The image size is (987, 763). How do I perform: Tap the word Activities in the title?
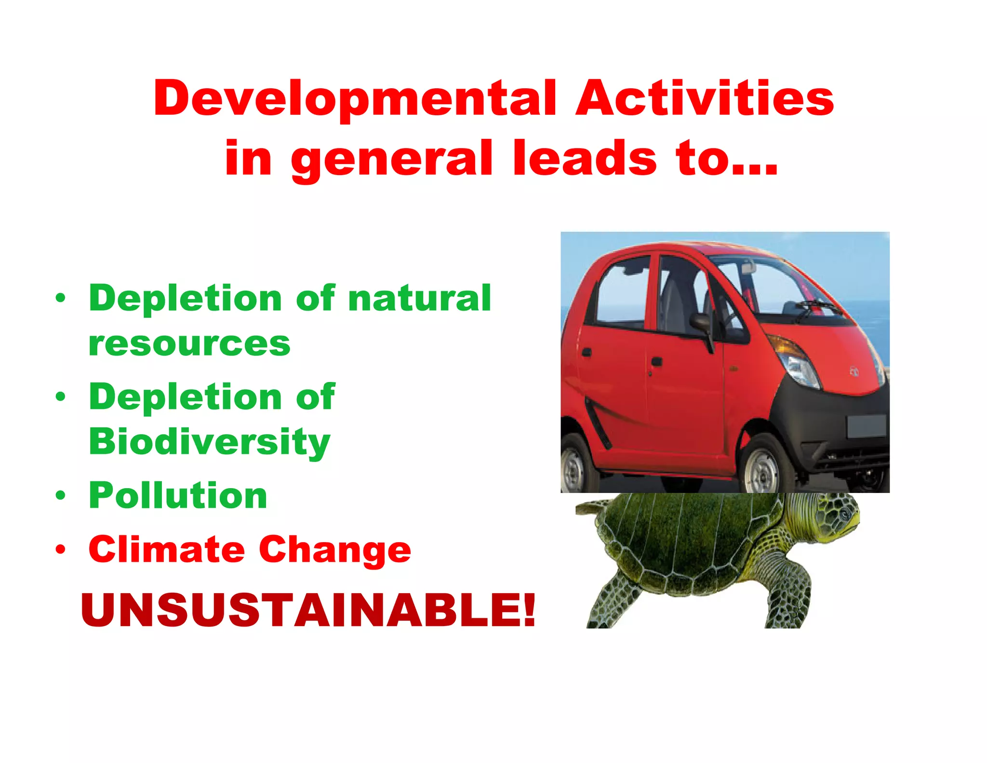(705, 98)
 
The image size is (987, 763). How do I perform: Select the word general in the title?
(391, 159)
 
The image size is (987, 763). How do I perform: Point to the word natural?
(419, 298)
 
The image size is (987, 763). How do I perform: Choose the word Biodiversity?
(210, 442)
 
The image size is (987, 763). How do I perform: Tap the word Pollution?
(178, 495)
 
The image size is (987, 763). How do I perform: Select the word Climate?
(167, 549)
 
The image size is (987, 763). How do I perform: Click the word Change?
(335, 550)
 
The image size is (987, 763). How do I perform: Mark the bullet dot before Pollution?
(60, 495)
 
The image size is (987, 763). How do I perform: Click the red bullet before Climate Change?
(60, 549)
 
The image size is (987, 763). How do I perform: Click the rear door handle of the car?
(587, 352)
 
